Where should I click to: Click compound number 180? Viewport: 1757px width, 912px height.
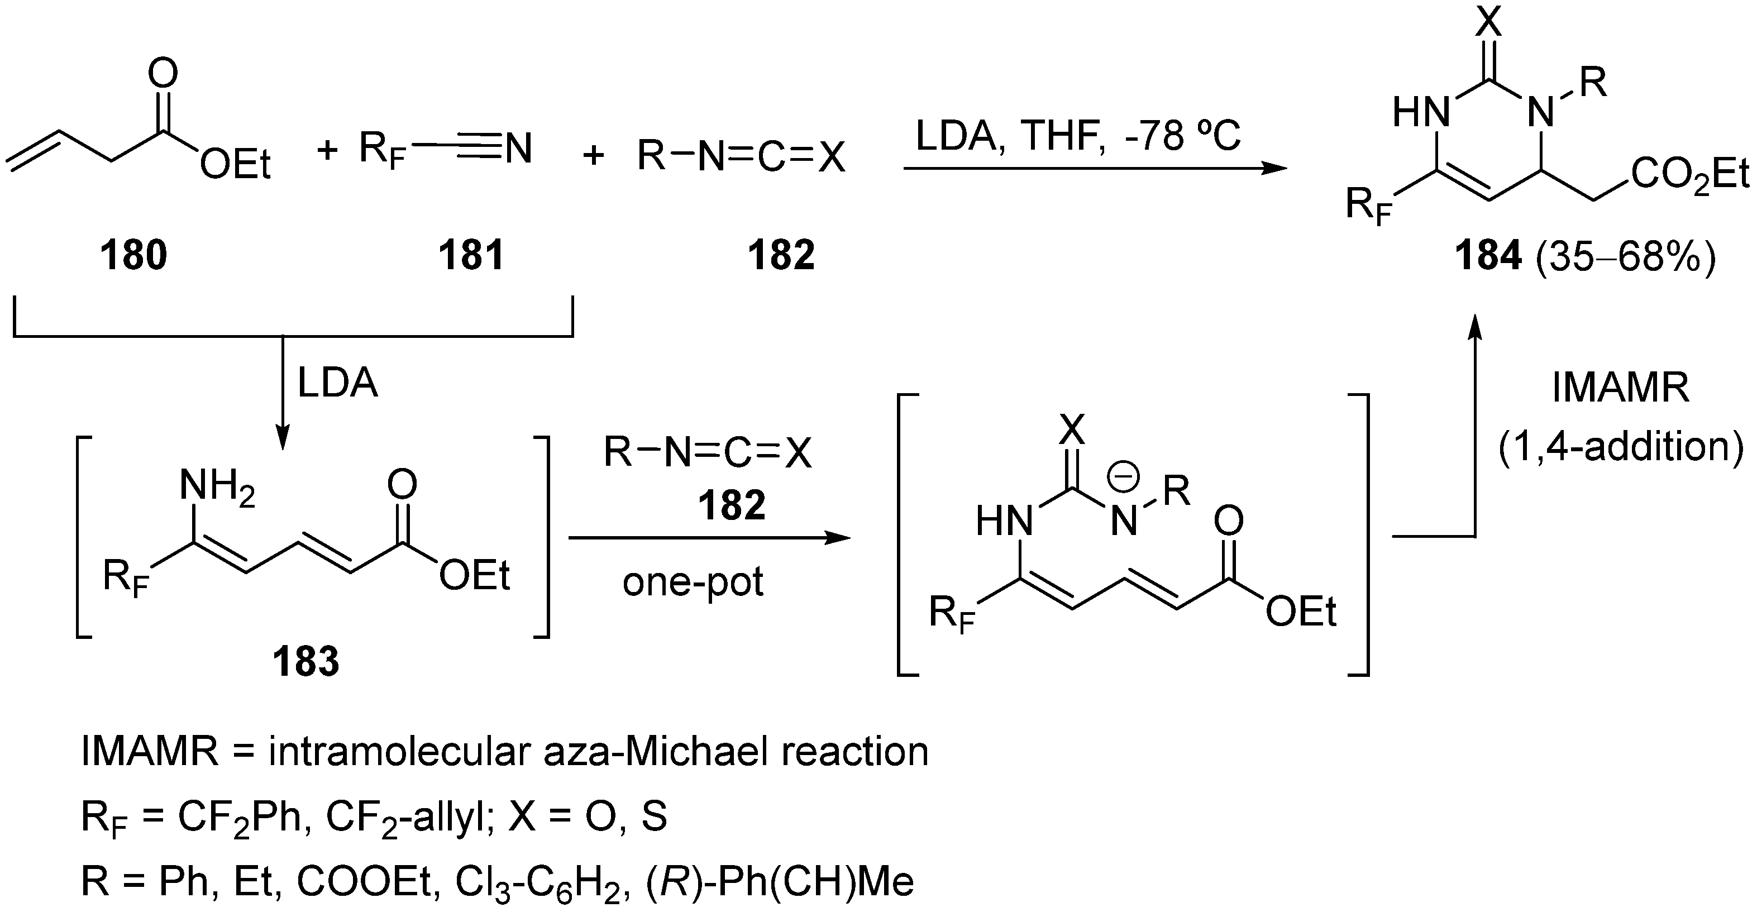[133, 256]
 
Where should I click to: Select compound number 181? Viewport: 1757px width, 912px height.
[471, 256]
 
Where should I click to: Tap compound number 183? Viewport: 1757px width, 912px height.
[305, 662]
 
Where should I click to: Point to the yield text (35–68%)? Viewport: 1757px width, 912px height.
[1625, 256]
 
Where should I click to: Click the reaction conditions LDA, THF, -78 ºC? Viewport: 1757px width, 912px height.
[1078, 136]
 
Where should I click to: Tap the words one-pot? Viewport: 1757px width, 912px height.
[693, 582]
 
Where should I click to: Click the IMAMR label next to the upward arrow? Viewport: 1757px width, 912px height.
[1621, 388]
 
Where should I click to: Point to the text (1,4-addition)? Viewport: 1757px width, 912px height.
[1621, 447]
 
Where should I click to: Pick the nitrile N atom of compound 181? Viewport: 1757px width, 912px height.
[518, 149]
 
